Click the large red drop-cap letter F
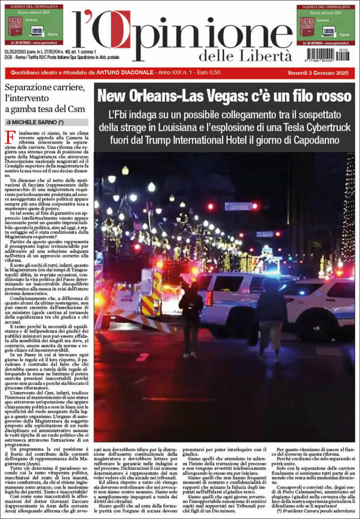[x=10, y=137]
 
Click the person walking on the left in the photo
[x=191, y=317]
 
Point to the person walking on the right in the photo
[x=271, y=317]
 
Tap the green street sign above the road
[x=239, y=206]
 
